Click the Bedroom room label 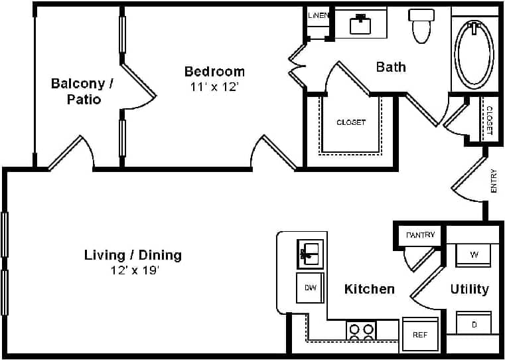pos(214,71)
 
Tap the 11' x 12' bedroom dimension pos(214,87)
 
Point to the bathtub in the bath pos(474,54)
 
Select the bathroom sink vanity pos(360,23)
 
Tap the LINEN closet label pos(319,15)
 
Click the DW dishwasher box pos(309,288)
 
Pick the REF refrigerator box pos(420,334)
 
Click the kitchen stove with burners pos(361,330)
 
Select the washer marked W pos(474,255)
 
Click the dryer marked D pos(474,323)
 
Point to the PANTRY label pos(421,235)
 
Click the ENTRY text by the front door pos(494,182)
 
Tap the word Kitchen pos(369,289)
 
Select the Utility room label pos(469,289)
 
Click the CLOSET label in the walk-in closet pos(350,122)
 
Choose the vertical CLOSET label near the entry pos(489,120)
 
